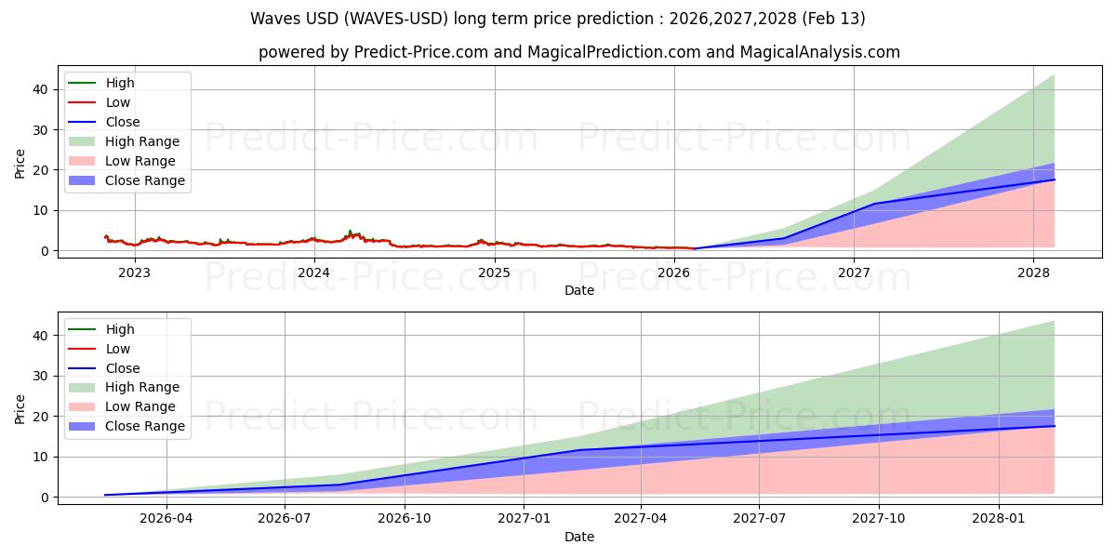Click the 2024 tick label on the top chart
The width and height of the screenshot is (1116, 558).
pyautogui.click(x=314, y=272)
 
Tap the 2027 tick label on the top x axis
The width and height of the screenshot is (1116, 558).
pyautogui.click(x=854, y=272)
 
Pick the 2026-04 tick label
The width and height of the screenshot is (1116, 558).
pyautogui.click(x=166, y=519)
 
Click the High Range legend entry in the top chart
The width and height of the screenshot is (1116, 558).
pyautogui.click(x=141, y=141)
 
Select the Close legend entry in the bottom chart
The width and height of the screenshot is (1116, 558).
pyautogui.click(x=123, y=368)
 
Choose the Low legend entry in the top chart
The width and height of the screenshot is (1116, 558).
pyautogui.click(x=118, y=102)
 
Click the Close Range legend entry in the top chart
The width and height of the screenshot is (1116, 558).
pyautogui.click(x=144, y=180)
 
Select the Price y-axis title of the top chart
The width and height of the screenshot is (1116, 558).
pyautogui.click(x=20, y=163)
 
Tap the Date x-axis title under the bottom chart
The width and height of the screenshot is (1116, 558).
pyautogui.click(x=578, y=537)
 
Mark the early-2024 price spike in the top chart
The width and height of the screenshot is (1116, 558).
pyautogui.click(x=350, y=232)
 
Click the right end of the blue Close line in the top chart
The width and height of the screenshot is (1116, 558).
pyautogui.click(x=1054, y=179)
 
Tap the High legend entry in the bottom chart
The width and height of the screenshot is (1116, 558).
pyautogui.click(x=120, y=329)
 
